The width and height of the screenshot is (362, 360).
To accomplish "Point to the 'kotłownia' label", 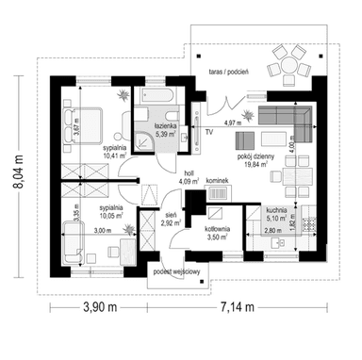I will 222,227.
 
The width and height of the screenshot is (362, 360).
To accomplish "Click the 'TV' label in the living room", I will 207,132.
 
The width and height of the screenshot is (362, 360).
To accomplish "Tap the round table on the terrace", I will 287,66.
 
